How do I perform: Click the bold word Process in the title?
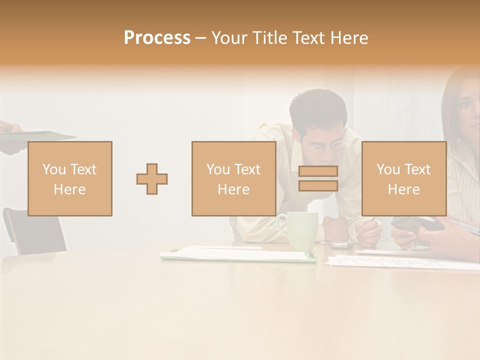(157, 38)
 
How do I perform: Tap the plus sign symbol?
(152, 179)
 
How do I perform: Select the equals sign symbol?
(318, 178)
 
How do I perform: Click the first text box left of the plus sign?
(70, 178)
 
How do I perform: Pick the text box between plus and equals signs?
(233, 178)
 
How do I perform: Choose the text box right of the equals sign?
(403, 178)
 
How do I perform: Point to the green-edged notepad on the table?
(237, 255)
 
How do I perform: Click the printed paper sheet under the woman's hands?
(400, 261)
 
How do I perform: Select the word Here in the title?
(349, 38)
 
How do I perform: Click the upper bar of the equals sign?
(318, 171)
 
